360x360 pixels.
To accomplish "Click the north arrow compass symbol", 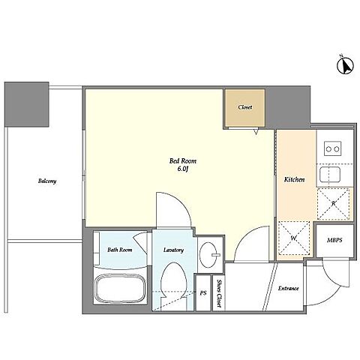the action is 345,64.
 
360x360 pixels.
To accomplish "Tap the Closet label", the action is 245,107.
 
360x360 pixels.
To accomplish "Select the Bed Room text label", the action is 183,160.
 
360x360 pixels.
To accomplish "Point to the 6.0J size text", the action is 183,169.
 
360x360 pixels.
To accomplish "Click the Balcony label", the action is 47,181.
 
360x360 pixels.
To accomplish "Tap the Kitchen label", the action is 294,179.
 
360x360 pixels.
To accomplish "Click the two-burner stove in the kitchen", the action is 333,148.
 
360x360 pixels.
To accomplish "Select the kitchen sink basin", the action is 330,174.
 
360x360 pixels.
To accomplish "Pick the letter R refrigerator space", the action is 334,204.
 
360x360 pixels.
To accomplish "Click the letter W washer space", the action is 294,238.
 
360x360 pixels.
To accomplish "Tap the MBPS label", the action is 334,240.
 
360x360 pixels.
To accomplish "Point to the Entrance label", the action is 288,288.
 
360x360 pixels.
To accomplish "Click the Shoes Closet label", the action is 219,293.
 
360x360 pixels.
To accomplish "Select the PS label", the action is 203,292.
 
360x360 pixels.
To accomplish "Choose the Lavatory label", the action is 173,250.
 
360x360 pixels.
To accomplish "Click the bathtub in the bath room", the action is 120,288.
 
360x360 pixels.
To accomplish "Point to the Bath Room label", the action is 120,250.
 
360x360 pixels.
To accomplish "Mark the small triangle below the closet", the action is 256,132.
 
